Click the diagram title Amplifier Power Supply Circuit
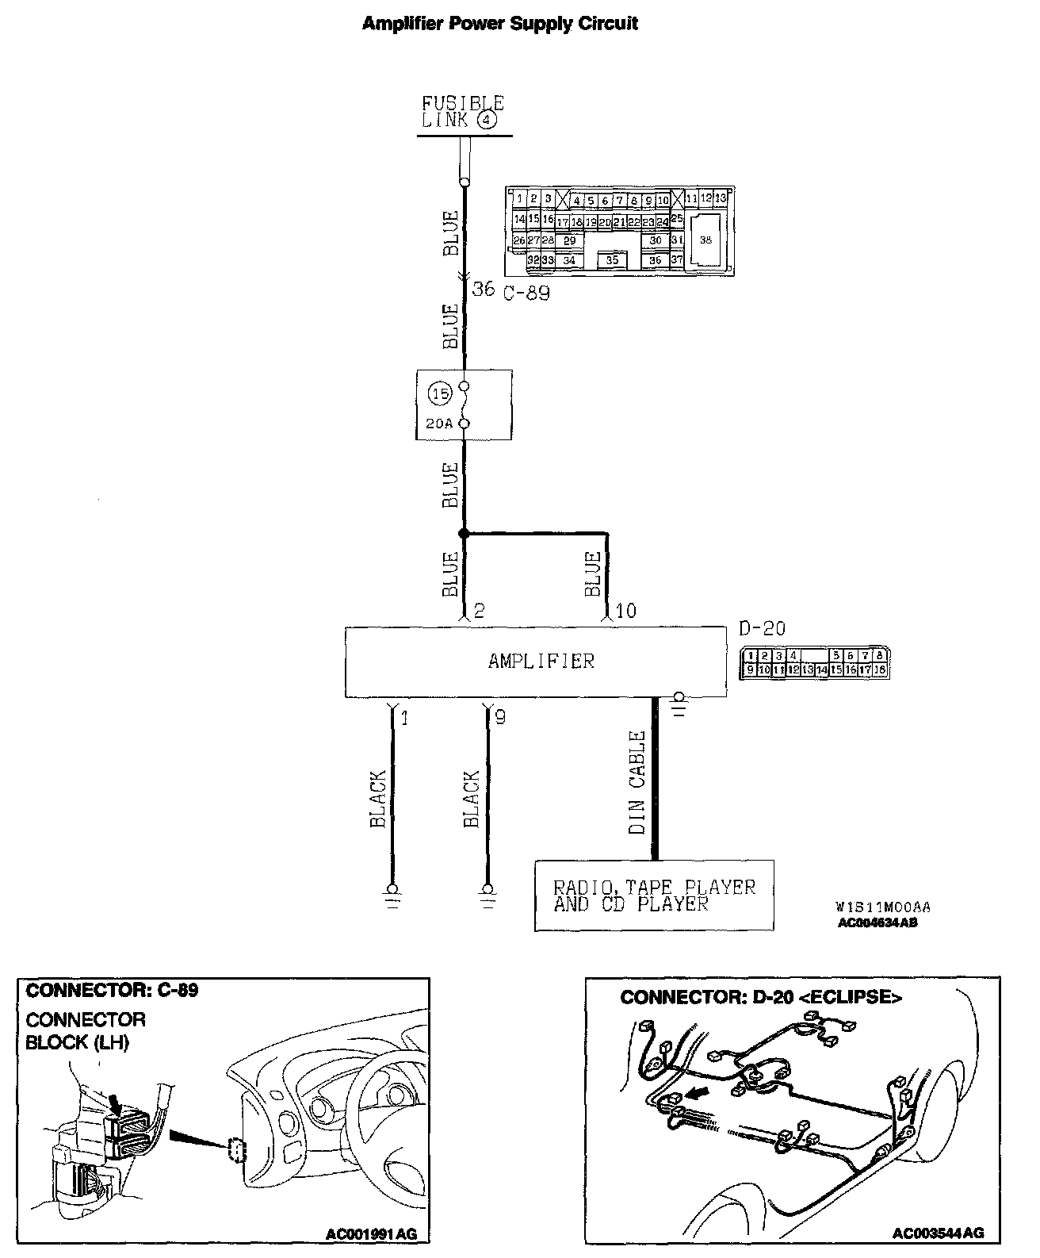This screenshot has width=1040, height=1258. tap(499, 24)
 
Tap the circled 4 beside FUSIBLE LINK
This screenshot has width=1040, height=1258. tap(487, 121)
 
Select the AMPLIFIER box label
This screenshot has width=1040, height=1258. tap(541, 662)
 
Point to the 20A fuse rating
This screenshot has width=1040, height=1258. tap(438, 424)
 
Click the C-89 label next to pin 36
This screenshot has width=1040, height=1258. tap(526, 292)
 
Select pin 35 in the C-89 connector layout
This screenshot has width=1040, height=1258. tap(611, 259)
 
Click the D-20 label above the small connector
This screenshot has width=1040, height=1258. tap(762, 629)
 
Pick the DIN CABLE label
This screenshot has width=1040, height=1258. tap(637, 782)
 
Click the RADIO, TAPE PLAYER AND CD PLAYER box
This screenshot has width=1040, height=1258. tap(654, 895)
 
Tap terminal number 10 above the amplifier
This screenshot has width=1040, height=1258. tap(625, 611)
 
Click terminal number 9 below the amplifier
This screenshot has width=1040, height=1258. tap(499, 718)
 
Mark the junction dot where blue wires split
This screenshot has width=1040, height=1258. tap(465, 534)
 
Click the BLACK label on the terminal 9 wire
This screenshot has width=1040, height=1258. tap(472, 799)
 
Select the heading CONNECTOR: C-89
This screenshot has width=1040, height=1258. tap(112, 990)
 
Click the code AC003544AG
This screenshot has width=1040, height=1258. tap(938, 1233)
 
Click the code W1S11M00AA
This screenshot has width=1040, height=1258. tap(882, 907)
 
